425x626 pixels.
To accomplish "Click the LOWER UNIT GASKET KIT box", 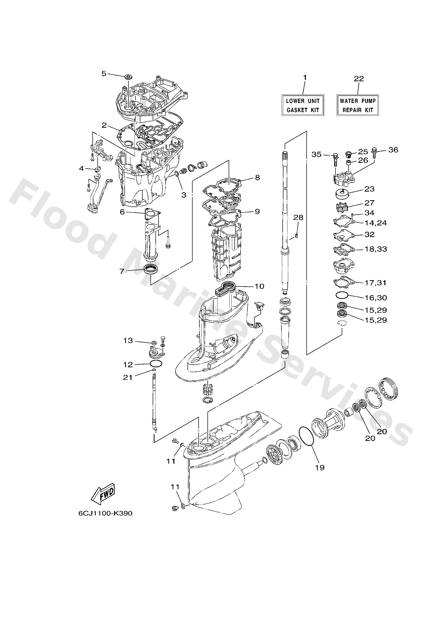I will (x=302, y=105).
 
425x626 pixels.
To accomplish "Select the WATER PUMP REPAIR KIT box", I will (x=357, y=105).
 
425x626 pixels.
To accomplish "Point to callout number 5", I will (x=104, y=73).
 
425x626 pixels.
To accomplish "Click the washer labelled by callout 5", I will (x=129, y=77).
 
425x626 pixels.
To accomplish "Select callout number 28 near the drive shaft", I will (x=298, y=217).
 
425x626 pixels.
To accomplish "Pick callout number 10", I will (x=259, y=286).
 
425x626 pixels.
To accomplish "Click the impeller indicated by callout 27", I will (x=342, y=207).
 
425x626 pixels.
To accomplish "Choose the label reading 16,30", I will (x=376, y=297).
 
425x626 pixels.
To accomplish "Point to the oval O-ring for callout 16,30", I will (x=342, y=295).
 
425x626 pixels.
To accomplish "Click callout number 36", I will (x=393, y=150).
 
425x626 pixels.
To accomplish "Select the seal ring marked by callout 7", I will (x=151, y=269).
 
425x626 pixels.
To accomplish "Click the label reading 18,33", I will (x=376, y=249).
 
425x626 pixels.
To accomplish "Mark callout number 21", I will (x=128, y=377).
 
